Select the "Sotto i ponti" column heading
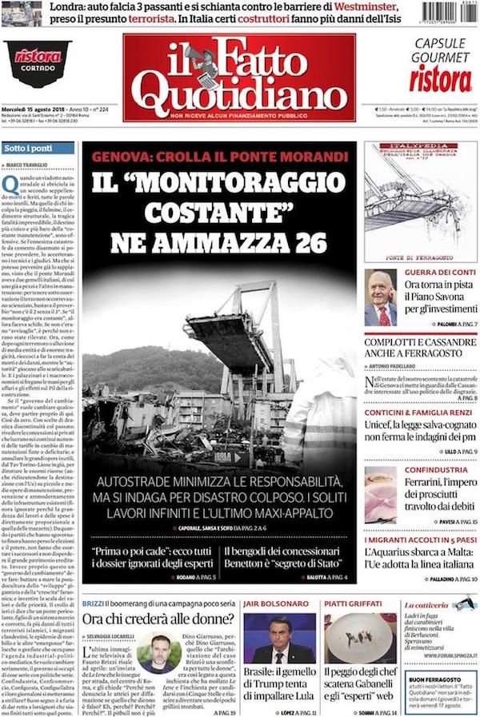(x=28, y=149)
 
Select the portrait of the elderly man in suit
(x=380, y=297)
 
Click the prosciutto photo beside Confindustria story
(x=380, y=494)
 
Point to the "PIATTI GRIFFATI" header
(x=354, y=603)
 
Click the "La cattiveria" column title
(x=428, y=605)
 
